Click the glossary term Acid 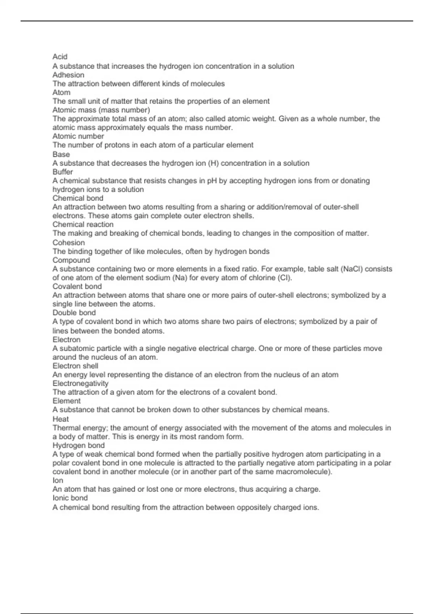[60, 57]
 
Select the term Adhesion [68, 75]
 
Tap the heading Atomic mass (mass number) [101, 110]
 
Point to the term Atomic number [78, 136]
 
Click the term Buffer [63, 172]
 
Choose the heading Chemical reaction [83, 224]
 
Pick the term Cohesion [69, 242]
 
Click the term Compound [71, 260]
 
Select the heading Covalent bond [77, 286]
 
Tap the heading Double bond [74, 313]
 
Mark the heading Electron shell [75, 366]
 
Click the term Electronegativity [80, 383]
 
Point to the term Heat [60, 419]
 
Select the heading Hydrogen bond [78, 445]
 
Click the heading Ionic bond [70, 498]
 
